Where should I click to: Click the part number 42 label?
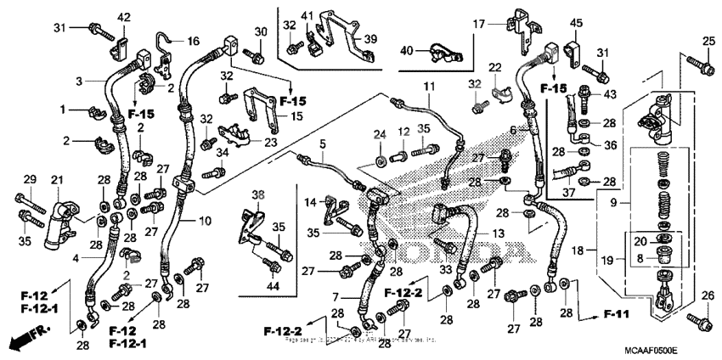pyautogui.click(x=124, y=17)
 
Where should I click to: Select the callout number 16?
pyautogui.click(x=193, y=41)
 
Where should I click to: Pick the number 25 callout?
pyautogui.click(x=708, y=41)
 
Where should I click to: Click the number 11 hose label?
pyautogui.click(x=429, y=87)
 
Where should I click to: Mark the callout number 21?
pyautogui.click(x=58, y=180)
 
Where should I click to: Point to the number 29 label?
pyautogui.click(x=29, y=178)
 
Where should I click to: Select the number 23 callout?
pyautogui.click(x=271, y=143)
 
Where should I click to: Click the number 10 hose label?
pyautogui.click(x=206, y=221)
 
